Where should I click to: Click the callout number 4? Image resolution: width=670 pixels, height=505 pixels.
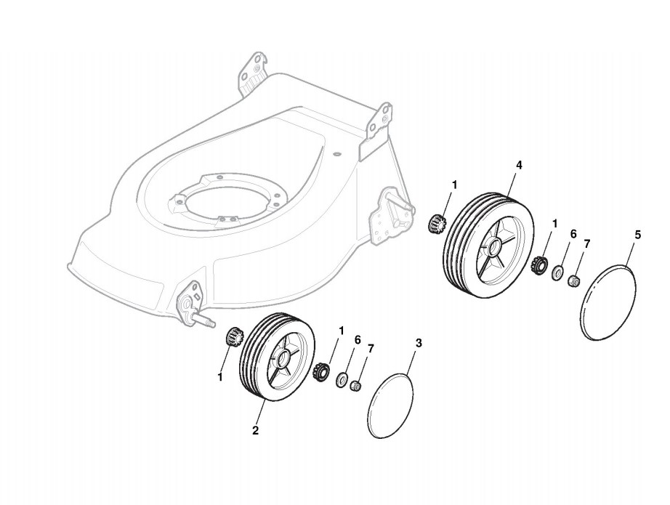(x=519, y=165)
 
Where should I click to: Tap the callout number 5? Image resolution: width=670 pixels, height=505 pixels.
(x=638, y=235)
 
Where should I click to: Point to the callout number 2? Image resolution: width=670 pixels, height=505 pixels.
(x=256, y=430)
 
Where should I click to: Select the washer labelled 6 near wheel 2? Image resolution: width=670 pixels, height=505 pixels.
(x=340, y=380)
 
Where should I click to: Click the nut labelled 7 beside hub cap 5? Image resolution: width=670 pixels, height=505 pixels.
(x=573, y=280)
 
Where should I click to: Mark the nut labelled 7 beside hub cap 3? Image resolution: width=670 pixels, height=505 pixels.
(x=356, y=385)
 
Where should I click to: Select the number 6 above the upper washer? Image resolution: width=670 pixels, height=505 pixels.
(x=573, y=234)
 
